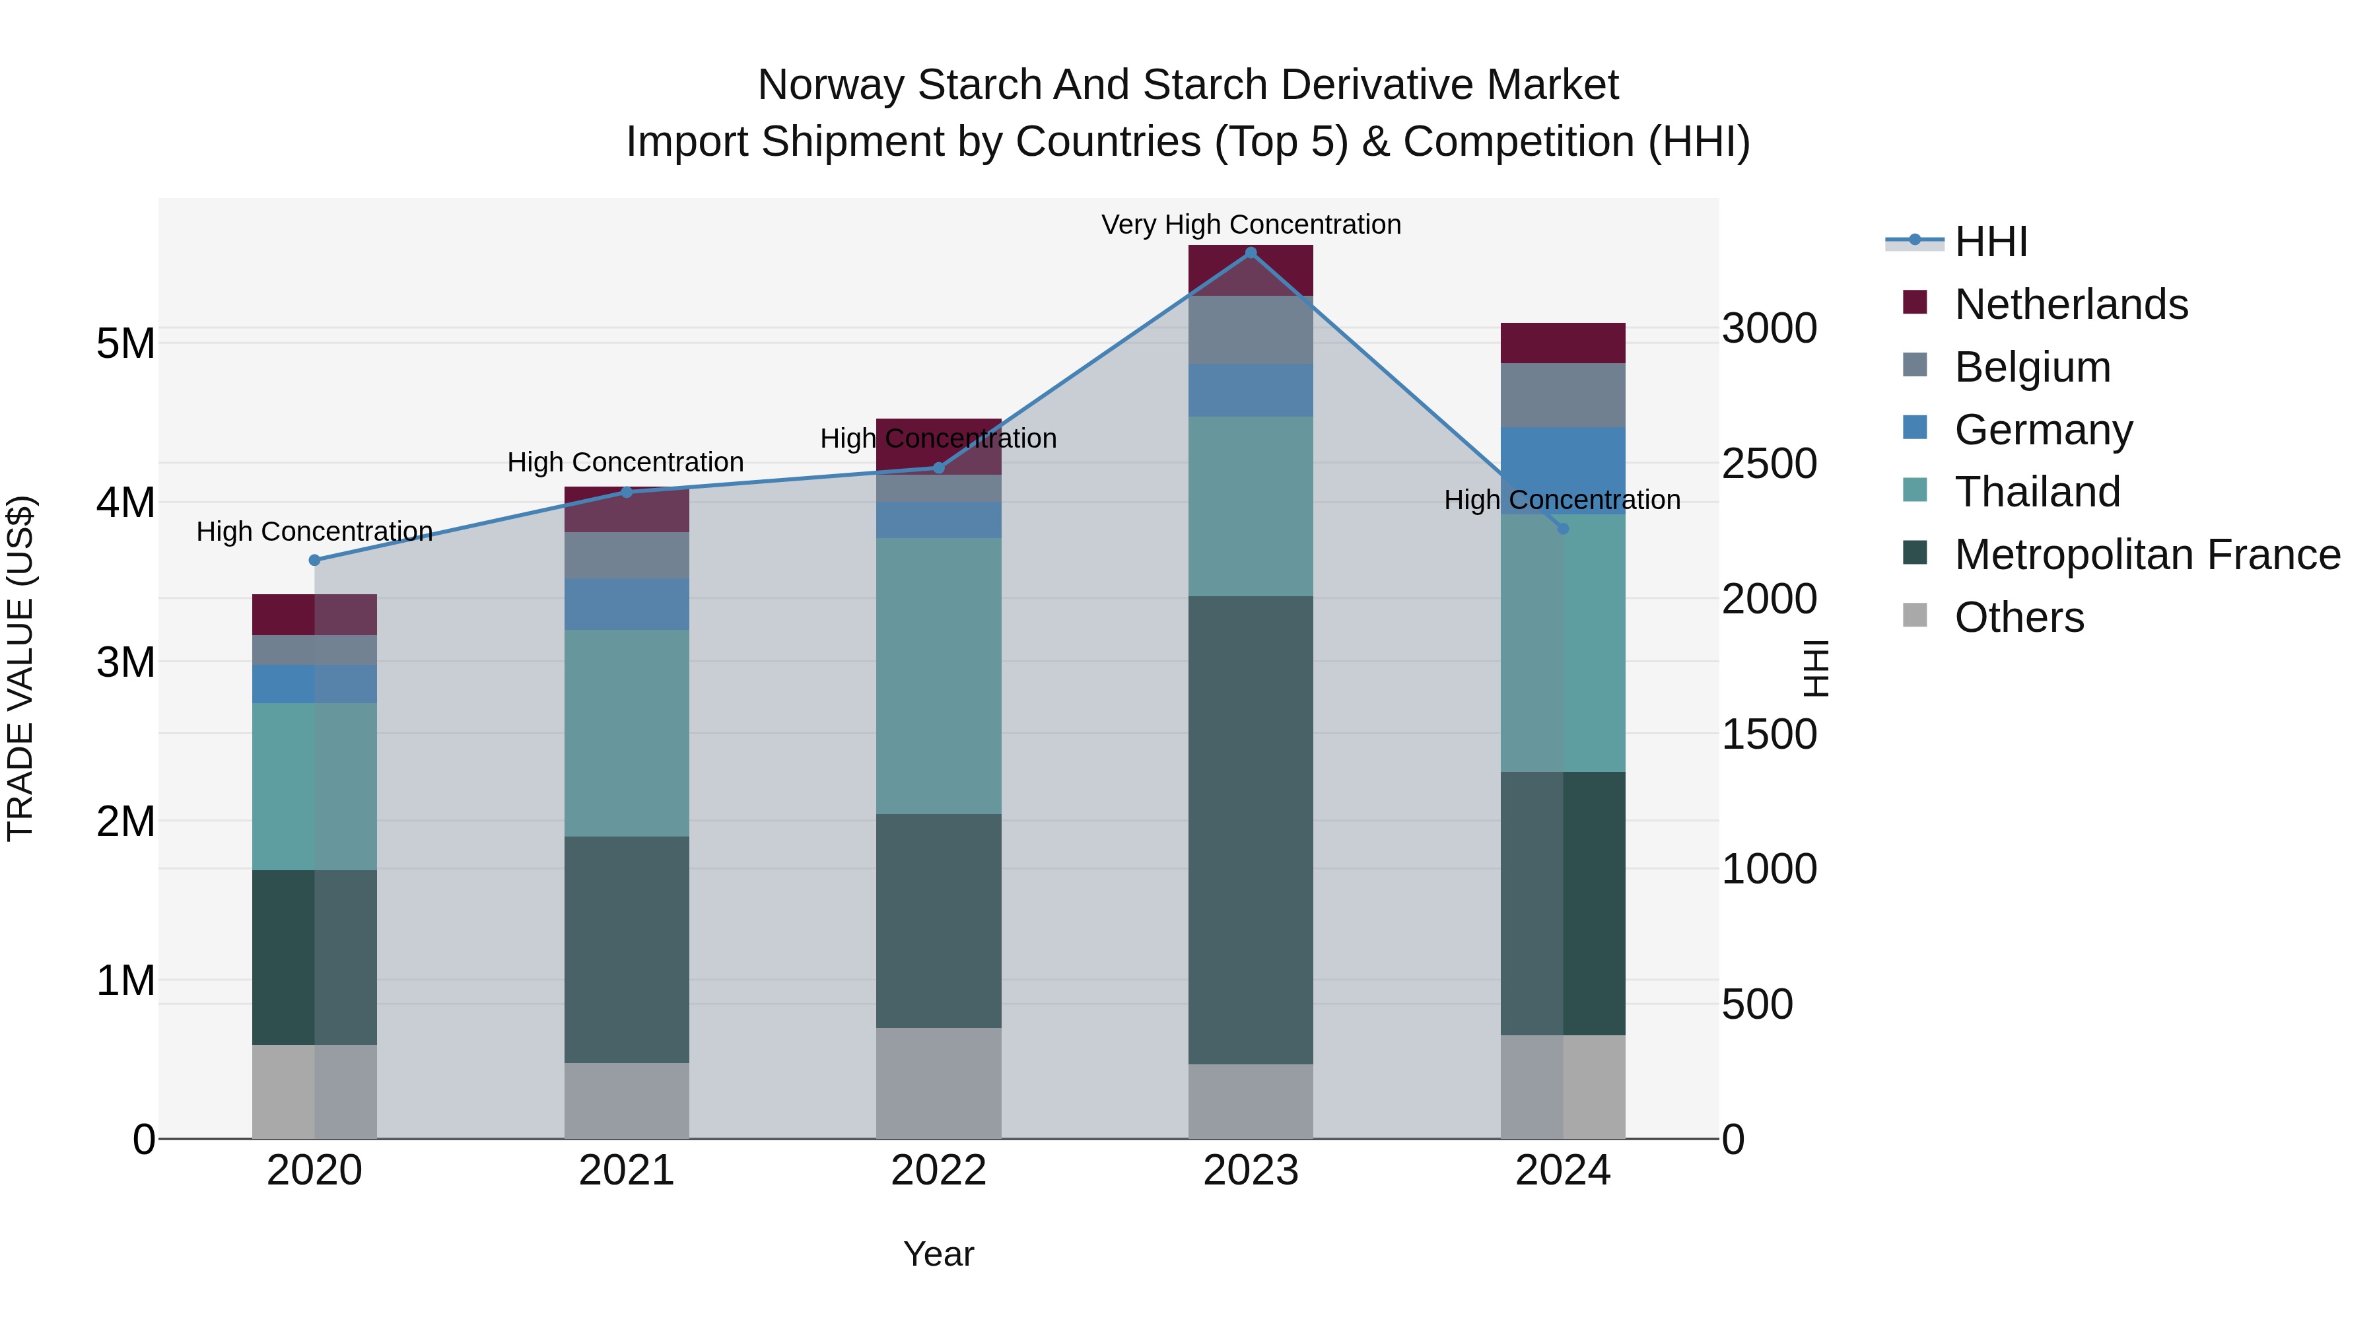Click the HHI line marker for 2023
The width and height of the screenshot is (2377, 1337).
click(x=1251, y=253)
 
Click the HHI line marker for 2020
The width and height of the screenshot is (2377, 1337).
click(x=315, y=560)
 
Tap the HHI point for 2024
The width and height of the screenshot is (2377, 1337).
click(x=1562, y=529)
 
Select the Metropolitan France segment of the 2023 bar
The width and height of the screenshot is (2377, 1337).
click(x=1251, y=831)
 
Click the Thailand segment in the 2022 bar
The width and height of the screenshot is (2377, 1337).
click(x=938, y=675)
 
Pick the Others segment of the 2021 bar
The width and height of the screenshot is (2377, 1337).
click(x=627, y=1100)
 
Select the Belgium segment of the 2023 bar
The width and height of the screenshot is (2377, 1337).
click(x=1251, y=329)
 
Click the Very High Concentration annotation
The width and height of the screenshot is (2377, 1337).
click(x=1251, y=224)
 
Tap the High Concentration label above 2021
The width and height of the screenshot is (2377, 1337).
click(x=626, y=462)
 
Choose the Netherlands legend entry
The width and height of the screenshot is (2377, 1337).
click(x=2070, y=304)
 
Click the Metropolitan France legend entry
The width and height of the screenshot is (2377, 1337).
click(x=2147, y=555)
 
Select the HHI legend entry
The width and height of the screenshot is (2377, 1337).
click(x=1990, y=242)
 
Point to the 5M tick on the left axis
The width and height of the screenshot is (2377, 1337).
click(x=125, y=343)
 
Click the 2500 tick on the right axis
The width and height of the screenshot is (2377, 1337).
click(x=1769, y=463)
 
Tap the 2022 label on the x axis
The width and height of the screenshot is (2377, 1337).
click(x=938, y=1171)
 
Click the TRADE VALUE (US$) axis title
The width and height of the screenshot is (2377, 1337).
click(x=20, y=668)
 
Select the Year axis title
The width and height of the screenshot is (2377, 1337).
click(x=938, y=1254)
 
